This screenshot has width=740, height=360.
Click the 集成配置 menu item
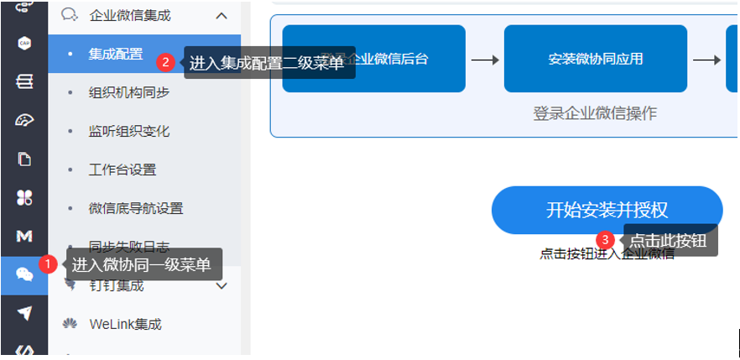pyautogui.click(x=116, y=55)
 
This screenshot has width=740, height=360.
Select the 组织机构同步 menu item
pyautogui.click(x=129, y=93)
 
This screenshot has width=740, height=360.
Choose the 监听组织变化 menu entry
pyautogui.click(x=129, y=132)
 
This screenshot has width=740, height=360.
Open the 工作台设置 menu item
pyautogui.click(x=122, y=170)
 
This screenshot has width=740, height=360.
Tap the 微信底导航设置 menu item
pyautogui.click(x=136, y=209)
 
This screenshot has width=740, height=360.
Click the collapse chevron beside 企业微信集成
pyautogui.click(x=221, y=15)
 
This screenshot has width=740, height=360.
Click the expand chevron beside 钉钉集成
pyautogui.click(x=222, y=286)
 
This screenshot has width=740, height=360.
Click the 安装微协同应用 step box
pyautogui.click(x=595, y=60)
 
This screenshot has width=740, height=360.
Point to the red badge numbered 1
pyautogui.click(x=49, y=263)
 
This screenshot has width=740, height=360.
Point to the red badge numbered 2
pyautogui.click(x=166, y=61)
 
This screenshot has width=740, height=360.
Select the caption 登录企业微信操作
pyautogui.click(x=594, y=113)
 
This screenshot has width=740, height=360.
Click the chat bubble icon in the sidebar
pyautogui.click(x=23, y=274)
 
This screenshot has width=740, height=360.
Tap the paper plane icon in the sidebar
pyautogui.click(x=23, y=313)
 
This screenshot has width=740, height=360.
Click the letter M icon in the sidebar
pyautogui.click(x=23, y=236)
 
